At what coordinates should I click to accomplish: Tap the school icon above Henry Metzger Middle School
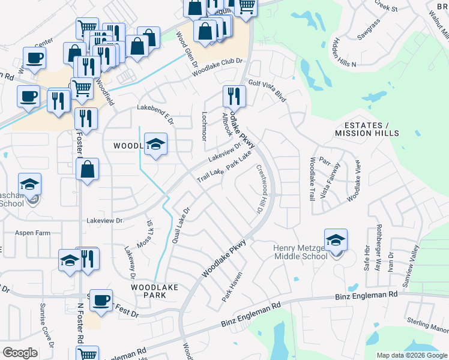(x=336, y=241)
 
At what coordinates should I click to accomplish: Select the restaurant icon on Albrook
(x=234, y=97)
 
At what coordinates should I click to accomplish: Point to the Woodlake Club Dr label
(x=217, y=67)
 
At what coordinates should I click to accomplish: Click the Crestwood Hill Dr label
(x=259, y=190)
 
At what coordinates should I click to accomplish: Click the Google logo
(x=20, y=352)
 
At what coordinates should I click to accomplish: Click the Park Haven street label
(x=232, y=286)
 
